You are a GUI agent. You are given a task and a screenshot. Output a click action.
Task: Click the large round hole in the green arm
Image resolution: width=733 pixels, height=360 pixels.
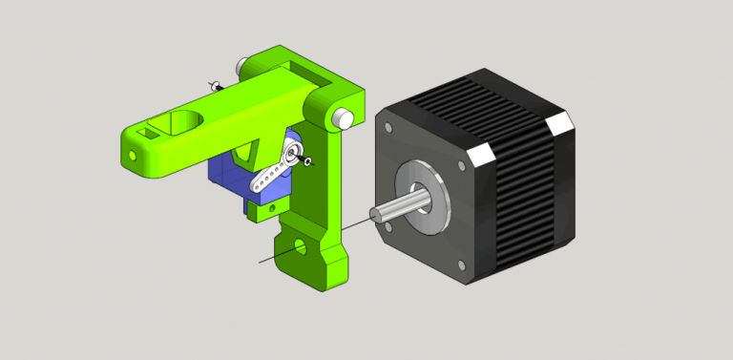click(x=187, y=120)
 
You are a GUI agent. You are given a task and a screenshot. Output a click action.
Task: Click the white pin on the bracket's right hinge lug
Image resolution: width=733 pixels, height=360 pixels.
click(x=340, y=117)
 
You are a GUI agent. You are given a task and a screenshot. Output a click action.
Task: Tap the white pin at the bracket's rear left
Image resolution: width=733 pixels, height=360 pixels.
click(x=243, y=65)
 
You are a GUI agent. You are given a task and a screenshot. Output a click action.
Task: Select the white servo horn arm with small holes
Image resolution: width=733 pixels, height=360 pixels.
click(x=270, y=175)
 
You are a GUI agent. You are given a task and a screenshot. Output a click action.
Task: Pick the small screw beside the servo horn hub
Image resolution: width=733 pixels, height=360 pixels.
click(x=311, y=160)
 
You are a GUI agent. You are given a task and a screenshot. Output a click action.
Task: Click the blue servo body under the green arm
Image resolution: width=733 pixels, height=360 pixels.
click(x=229, y=178)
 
